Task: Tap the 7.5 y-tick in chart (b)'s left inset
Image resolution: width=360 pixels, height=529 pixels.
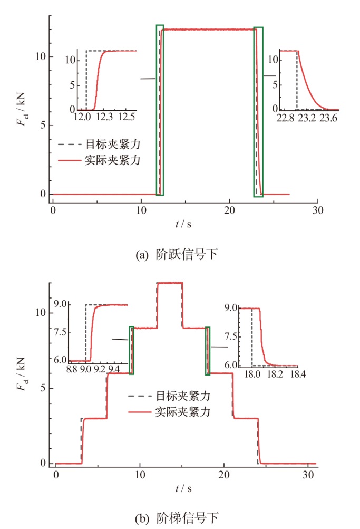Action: (59, 332)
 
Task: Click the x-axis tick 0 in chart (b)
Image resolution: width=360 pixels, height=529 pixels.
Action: (56, 474)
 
